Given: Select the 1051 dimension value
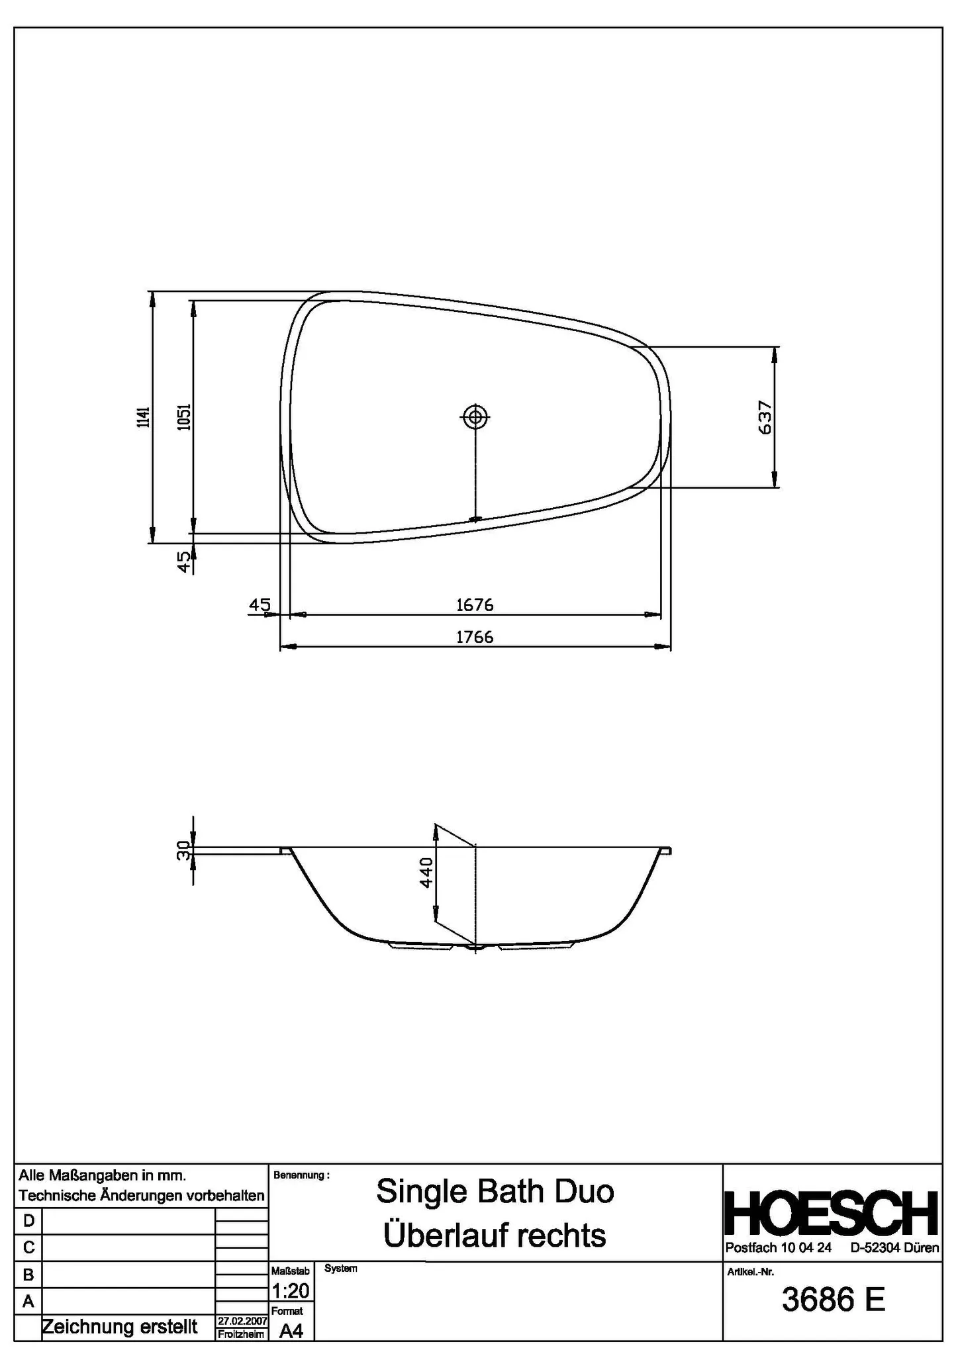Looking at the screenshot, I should click(185, 417).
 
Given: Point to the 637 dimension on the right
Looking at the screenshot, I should click(765, 417).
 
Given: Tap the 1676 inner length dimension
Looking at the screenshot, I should click(475, 605).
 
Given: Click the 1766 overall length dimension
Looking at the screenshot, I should click(475, 637).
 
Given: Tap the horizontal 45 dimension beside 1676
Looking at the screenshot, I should click(260, 605).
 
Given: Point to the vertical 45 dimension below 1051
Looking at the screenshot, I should click(184, 562).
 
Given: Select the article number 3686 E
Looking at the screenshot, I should click(833, 1300).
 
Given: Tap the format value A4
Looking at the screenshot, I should click(291, 1331).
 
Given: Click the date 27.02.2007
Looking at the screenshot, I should click(242, 1321).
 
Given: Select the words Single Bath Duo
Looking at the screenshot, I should click(495, 1192).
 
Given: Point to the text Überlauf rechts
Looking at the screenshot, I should click(495, 1235).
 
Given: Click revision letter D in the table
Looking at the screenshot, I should click(28, 1220).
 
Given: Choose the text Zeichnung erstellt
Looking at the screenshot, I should click(120, 1327).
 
